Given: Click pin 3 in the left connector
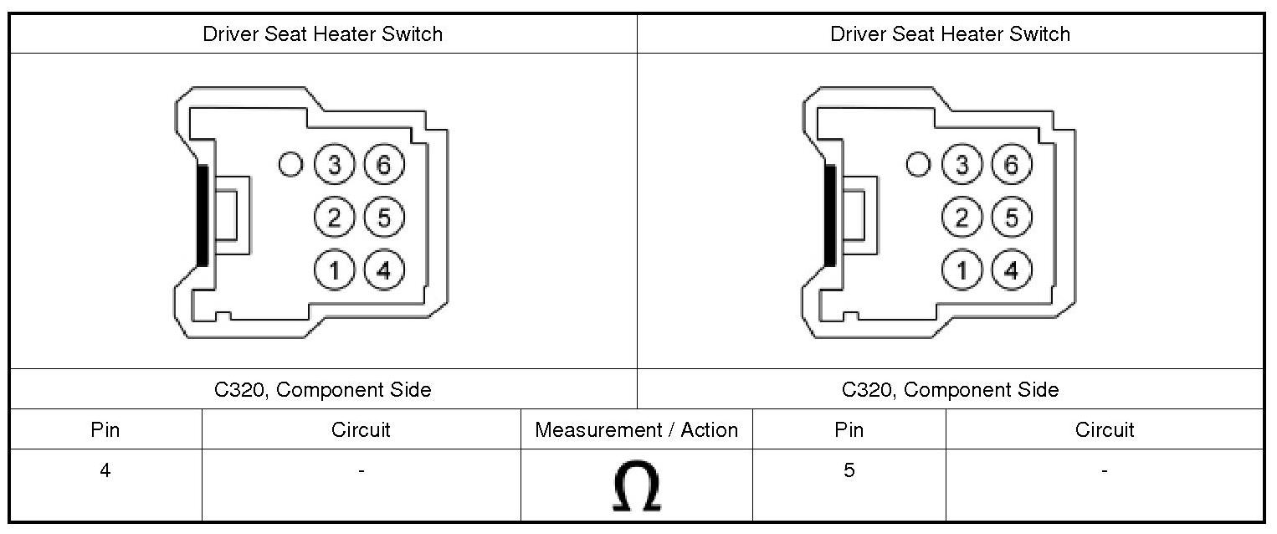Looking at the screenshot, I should tap(335, 166).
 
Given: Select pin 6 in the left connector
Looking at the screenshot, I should tap(384, 166).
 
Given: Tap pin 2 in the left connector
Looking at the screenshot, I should tap(335, 218).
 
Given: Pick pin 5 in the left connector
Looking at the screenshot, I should tap(384, 218).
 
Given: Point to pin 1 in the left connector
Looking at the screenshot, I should tap(335, 270).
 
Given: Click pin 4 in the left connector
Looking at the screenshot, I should tap(384, 270).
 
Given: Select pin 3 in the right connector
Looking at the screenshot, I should tap(962, 166).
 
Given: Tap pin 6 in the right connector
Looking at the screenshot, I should tap(1012, 166).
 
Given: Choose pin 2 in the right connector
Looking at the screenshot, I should tap(962, 218).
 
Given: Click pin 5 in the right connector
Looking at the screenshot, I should tap(1012, 218).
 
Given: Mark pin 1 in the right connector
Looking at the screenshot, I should tap(962, 270).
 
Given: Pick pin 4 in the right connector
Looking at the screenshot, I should tap(1012, 270).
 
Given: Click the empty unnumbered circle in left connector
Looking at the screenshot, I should tap(291, 165).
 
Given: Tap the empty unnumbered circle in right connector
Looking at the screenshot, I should tap(919, 165).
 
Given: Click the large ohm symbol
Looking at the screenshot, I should tap(636, 486).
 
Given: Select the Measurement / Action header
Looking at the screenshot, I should tap(636, 430).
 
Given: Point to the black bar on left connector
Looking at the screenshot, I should tap(202, 216).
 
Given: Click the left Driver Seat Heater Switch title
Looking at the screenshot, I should tap(322, 34).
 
